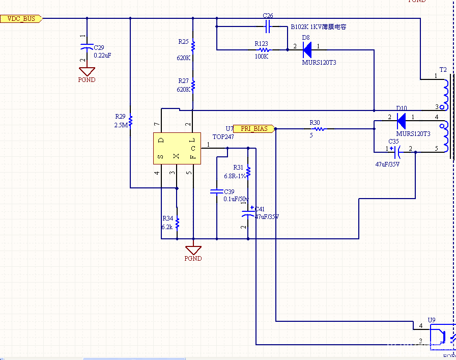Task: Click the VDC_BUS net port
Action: point(21,19)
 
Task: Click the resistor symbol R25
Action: point(193,46)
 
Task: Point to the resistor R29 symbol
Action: point(130,121)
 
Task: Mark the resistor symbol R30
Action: point(319,129)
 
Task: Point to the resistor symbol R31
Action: point(248,172)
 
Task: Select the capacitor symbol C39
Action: point(217,192)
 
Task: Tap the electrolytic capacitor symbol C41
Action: point(248,214)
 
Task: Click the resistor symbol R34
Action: point(177,223)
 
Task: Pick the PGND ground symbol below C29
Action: point(87,72)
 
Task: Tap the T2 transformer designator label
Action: point(443,69)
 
